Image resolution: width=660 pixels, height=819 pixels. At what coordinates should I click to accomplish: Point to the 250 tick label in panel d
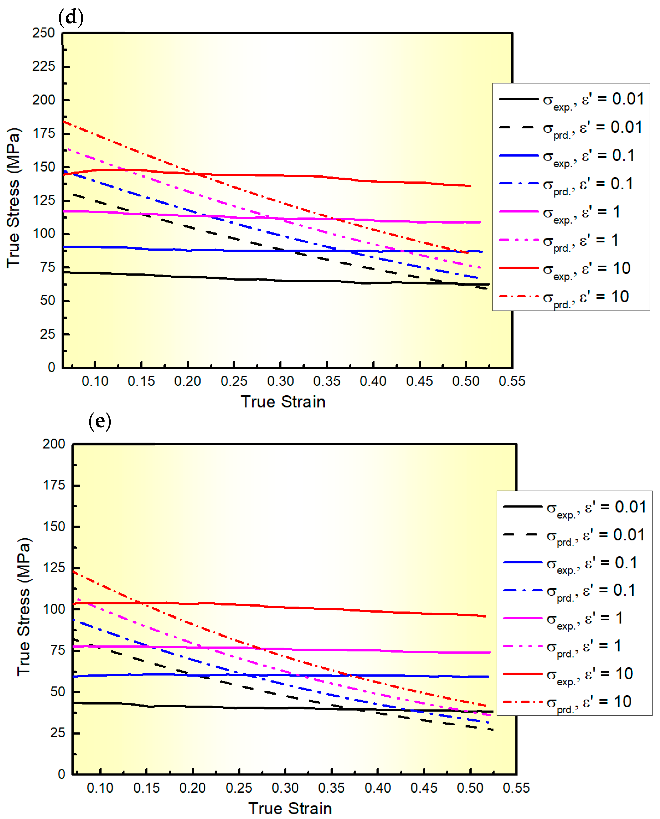(44, 33)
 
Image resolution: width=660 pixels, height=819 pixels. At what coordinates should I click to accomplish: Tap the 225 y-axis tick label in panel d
(44, 67)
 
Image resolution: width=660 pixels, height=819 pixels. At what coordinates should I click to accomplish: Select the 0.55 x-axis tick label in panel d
(512, 381)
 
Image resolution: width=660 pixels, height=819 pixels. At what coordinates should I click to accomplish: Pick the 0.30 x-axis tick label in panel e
(285, 788)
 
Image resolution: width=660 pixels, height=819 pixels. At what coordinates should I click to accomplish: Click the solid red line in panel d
(304, 176)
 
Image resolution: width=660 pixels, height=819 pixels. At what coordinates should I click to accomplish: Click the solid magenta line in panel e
(304, 649)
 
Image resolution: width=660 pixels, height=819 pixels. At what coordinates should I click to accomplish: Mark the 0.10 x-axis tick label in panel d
(95, 381)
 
